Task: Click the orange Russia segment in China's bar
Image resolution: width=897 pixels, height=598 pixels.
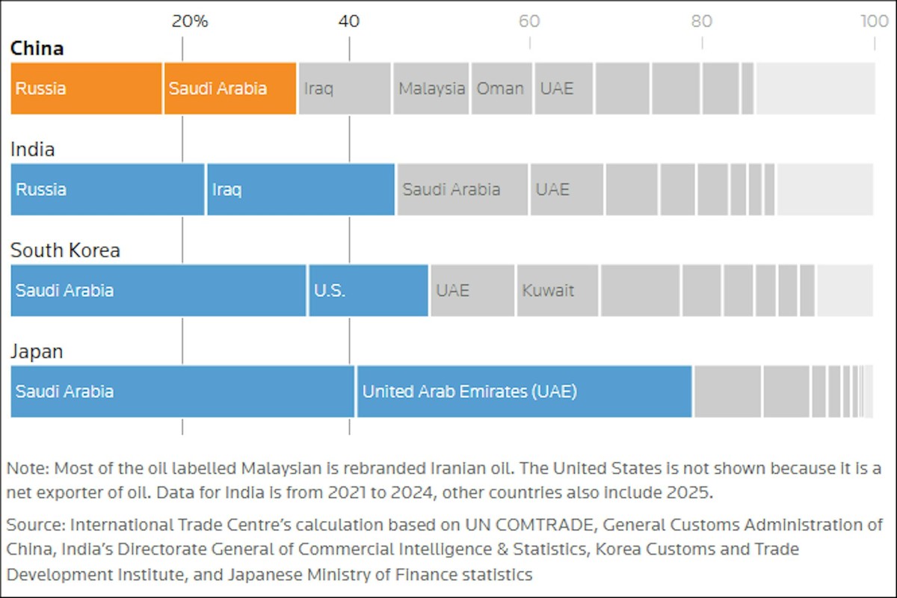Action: click(x=86, y=88)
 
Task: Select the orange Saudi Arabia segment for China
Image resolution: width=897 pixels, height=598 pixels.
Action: click(x=230, y=88)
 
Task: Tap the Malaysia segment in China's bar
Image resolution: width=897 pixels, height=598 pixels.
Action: click(x=431, y=88)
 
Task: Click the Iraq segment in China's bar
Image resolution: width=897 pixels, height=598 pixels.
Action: click(x=345, y=88)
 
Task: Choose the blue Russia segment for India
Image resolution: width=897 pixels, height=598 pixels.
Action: click(x=107, y=189)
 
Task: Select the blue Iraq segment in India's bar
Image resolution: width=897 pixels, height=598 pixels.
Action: click(x=300, y=189)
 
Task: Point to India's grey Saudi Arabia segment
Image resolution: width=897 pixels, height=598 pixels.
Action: click(x=463, y=189)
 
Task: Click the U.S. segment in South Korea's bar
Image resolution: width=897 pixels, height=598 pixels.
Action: click(x=368, y=290)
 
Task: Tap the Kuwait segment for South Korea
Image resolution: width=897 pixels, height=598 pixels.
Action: click(x=557, y=290)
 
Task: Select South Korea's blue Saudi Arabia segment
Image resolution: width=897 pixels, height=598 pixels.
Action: click(x=158, y=290)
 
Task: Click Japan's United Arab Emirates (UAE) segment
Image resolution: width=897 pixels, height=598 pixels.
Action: click(x=524, y=391)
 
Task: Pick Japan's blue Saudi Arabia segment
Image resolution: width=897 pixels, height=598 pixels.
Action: click(x=182, y=391)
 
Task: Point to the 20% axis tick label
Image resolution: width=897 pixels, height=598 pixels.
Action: click(x=189, y=21)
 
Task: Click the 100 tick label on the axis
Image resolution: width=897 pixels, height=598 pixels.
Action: click(x=874, y=21)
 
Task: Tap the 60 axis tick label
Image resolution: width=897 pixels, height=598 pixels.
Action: click(x=529, y=21)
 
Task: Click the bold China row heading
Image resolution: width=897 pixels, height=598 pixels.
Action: click(x=37, y=49)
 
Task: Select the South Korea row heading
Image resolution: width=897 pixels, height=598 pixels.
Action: click(x=65, y=250)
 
